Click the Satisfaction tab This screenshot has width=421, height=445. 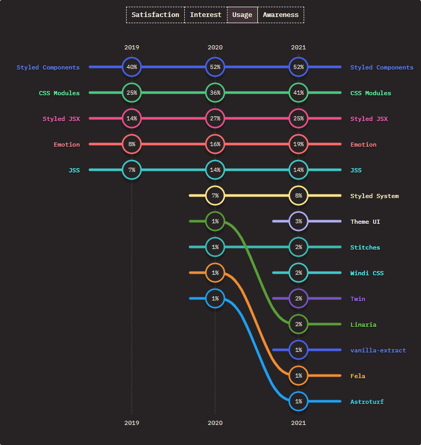coord(155,15)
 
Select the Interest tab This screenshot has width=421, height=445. coord(205,15)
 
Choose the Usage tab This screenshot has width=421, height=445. coord(242,15)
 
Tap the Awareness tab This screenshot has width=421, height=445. coord(280,15)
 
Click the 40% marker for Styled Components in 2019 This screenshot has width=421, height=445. coord(132,67)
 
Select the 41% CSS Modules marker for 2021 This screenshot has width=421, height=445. coord(299,93)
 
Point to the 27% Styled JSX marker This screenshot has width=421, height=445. coord(215,119)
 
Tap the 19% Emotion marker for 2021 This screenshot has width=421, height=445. coord(299,145)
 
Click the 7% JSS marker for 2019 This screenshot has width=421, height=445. coord(132,170)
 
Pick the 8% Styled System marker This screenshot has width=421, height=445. coord(299,196)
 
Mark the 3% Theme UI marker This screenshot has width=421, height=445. coord(299,222)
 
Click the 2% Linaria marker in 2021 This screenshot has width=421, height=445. coord(299,325)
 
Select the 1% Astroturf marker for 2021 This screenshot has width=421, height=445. coord(299,402)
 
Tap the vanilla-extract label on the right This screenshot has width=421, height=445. coord(378,350)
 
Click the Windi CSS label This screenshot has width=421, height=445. coord(366,273)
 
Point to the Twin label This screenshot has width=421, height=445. coord(358,299)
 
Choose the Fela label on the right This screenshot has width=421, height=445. coord(358,376)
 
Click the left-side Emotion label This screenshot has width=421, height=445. coord(67,145)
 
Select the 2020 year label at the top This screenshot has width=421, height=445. coord(215,47)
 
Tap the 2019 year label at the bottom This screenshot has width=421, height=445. coord(132,423)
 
